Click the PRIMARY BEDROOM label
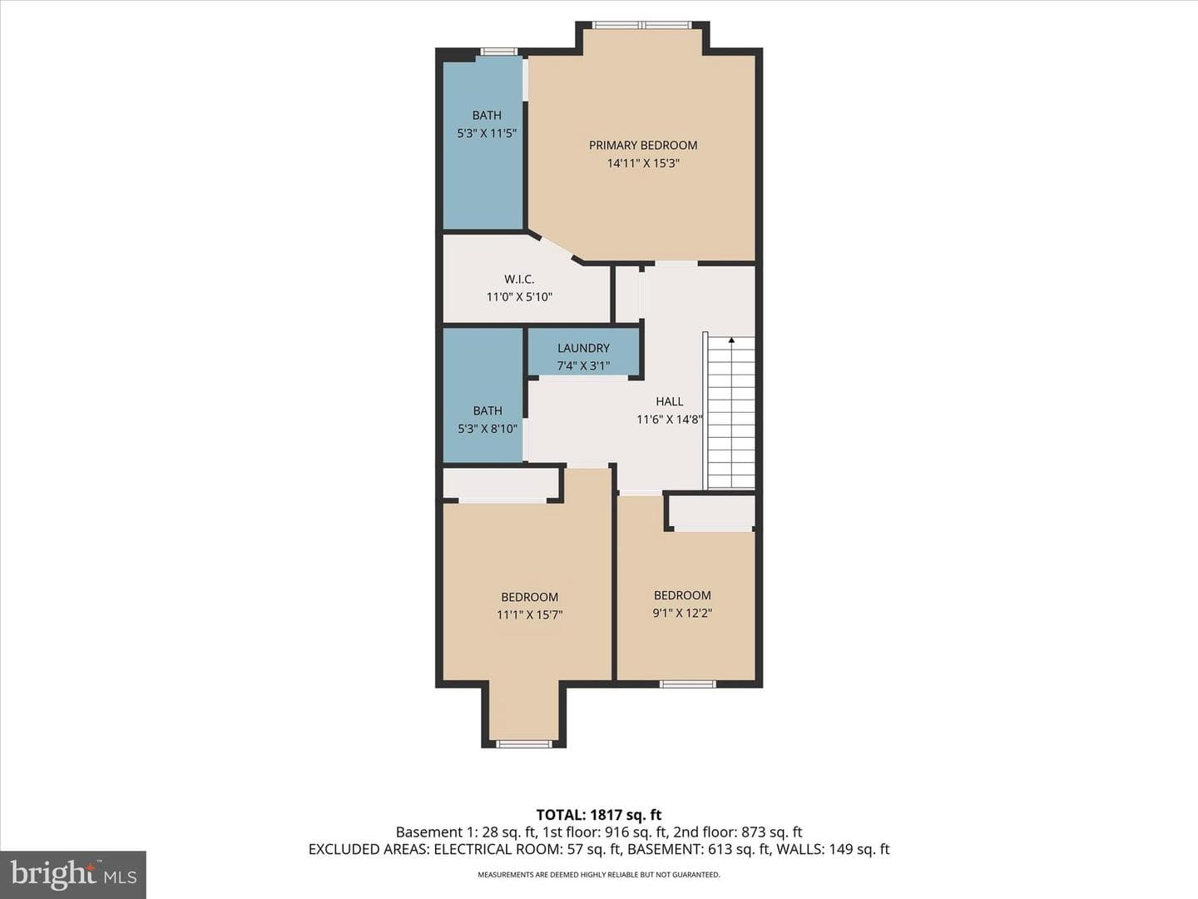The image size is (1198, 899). coord(643,145)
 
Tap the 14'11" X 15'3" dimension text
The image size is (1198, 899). coord(643,163)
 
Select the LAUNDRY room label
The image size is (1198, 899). coord(583,348)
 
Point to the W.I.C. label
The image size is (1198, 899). coord(519,280)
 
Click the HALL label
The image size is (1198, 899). coord(670,402)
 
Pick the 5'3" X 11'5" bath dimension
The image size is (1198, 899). coord(487,133)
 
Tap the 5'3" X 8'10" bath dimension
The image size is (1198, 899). coord(488,429)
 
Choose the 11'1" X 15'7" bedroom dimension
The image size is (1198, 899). coord(529,615)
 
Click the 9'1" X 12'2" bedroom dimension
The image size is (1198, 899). coord(682,613)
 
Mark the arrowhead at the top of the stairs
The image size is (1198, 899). coord(731,340)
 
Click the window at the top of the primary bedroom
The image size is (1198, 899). coord(641,25)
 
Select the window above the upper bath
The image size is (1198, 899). coord(498,52)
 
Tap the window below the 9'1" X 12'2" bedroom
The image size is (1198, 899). coord(687,684)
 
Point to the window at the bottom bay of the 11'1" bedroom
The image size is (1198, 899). coord(523,744)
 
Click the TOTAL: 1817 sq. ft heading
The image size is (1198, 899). coord(599,815)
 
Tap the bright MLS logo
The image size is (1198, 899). coord(73,874)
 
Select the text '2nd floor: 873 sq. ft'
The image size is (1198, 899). coord(737,832)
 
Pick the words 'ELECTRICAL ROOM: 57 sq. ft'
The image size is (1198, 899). coord(527,849)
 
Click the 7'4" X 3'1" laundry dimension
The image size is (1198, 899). coord(583,365)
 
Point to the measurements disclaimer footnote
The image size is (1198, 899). coord(599,875)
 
